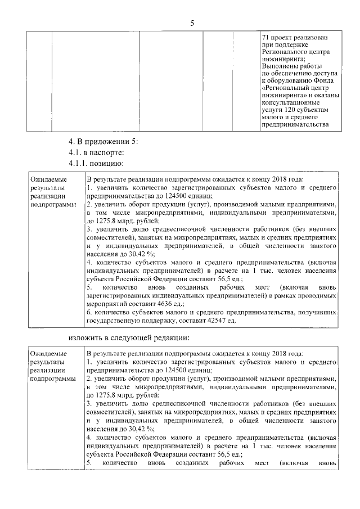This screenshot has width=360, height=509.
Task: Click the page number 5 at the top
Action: (x=192, y=23)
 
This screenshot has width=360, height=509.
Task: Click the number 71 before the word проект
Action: (x=265, y=37)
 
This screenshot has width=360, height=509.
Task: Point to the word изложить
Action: (x=86, y=337)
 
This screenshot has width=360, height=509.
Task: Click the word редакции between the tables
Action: (x=170, y=337)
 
